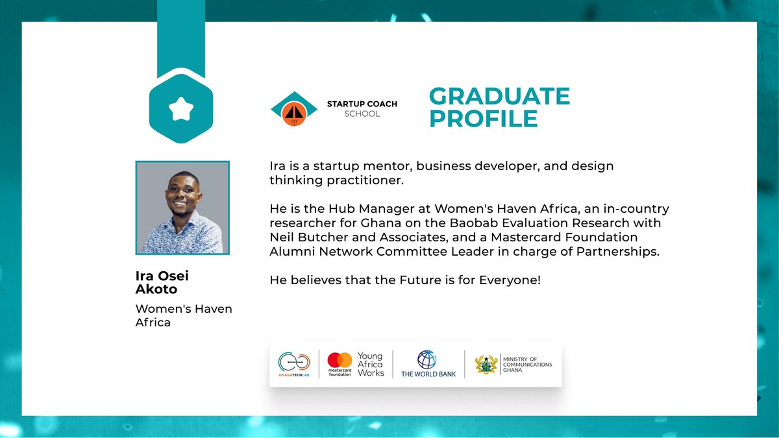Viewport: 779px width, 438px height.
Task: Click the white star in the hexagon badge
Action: pos(177,110)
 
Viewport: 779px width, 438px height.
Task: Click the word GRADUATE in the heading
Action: pos(499,97)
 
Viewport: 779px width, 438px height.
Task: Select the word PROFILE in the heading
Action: pos(483,119)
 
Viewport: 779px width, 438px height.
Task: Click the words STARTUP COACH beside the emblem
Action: pos(362,104)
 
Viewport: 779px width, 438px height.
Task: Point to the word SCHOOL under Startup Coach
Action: pos(362,114)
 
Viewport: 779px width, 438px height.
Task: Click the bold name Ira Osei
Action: pos(162,276)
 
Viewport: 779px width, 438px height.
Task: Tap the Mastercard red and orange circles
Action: pos(340,359)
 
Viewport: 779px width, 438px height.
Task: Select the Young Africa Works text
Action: pos(371,364)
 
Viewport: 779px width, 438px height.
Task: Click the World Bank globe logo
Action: pos(427,359)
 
